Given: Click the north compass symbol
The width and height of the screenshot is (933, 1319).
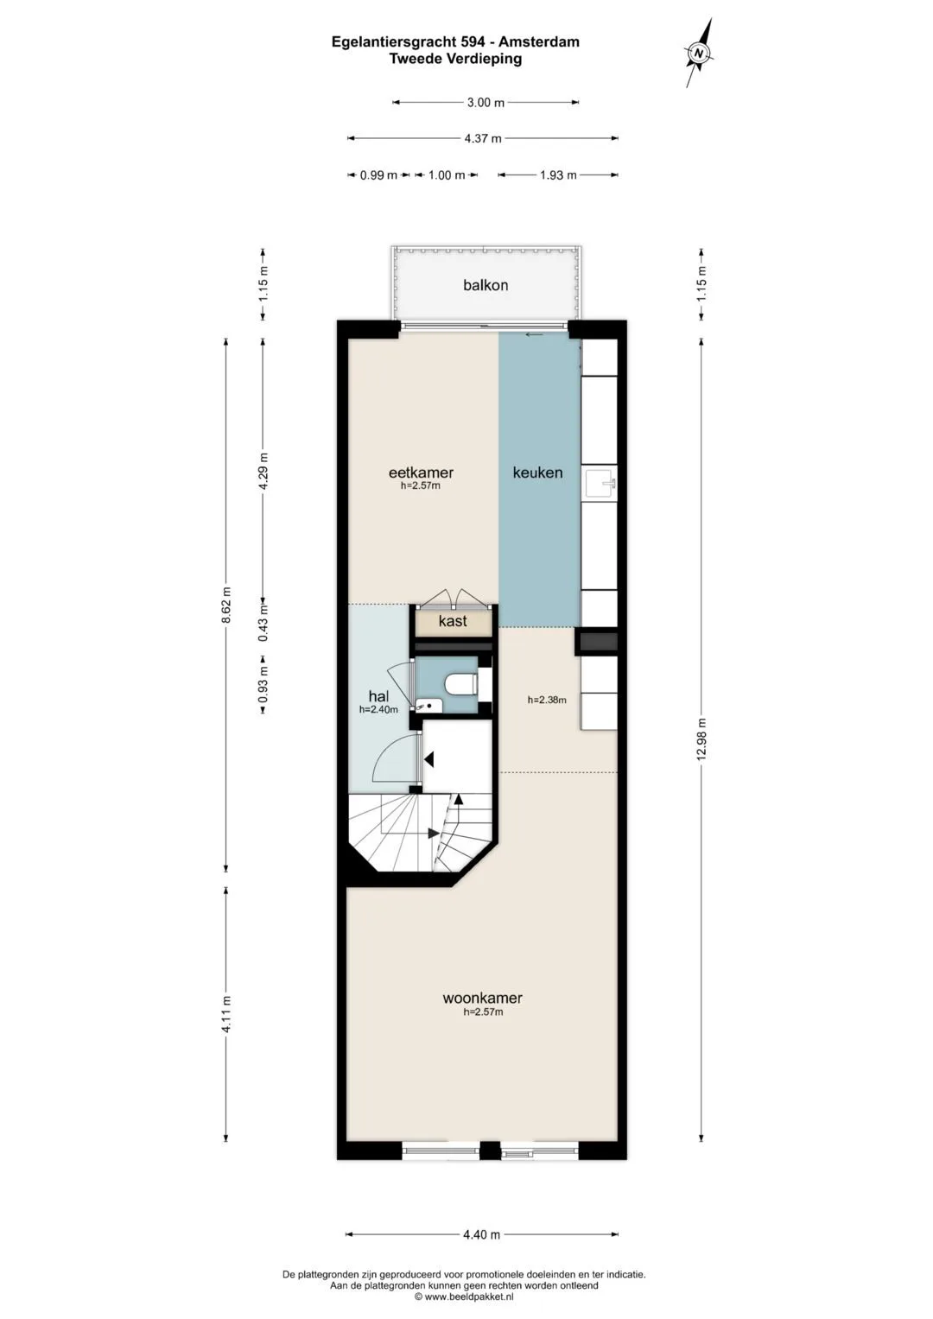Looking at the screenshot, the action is pos(699,53).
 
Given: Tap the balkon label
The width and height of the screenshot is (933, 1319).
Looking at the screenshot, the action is pos(486,286).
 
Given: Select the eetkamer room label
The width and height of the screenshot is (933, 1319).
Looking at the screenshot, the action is pos(421,472).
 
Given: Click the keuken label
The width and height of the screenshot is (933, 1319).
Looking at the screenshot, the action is pos(537,472).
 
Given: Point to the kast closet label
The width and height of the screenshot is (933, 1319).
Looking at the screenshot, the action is pos(453,621).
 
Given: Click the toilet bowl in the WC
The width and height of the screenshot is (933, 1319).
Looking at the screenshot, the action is pos(460,685).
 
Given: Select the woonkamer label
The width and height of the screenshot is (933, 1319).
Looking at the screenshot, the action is pos(482,998).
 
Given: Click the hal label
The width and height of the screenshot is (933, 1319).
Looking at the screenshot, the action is pos(378,697).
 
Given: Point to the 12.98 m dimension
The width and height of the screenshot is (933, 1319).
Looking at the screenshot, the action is pos(701,739).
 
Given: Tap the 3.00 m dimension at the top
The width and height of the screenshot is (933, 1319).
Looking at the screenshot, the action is pos(486,103).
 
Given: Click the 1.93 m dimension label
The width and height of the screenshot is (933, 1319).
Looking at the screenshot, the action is pos(558,174).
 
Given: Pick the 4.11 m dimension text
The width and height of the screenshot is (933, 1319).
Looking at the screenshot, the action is pos(226,1013).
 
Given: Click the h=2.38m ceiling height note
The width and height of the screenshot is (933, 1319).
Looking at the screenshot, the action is pos(547,700).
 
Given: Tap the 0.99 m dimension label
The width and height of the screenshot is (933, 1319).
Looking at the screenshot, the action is pos(378,174).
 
